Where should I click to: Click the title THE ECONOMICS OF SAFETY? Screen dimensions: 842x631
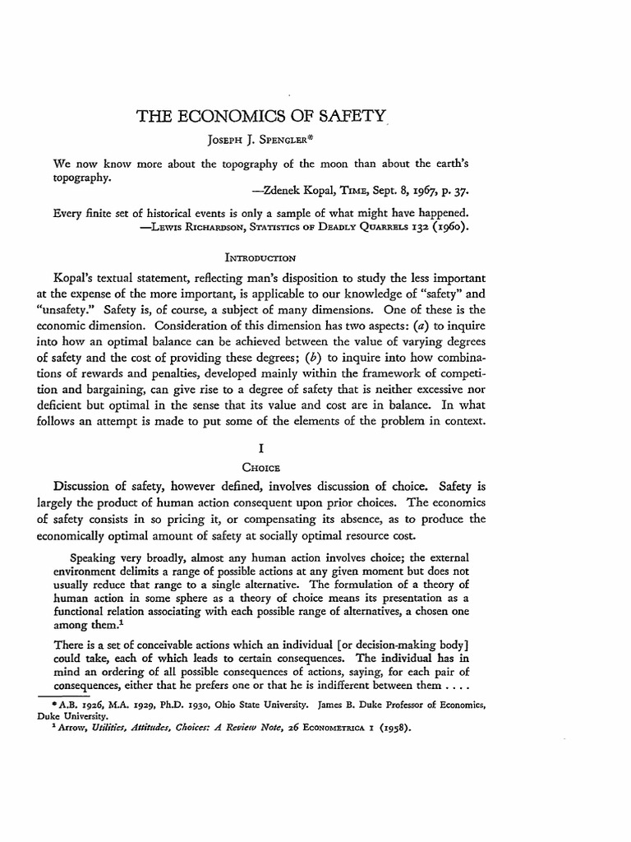coord(261,118)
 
